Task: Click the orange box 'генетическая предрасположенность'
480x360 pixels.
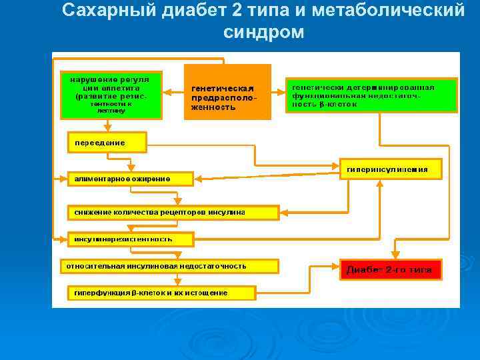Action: [x=227, y=92]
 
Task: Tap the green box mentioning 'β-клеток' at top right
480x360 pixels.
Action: [x=372, y=95]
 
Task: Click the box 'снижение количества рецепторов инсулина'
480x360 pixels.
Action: [x=173, y=213]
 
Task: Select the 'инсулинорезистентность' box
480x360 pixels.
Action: [x=131, y=239]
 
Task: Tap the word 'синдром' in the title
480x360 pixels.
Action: [x=263, y=31]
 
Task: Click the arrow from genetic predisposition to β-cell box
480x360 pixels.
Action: [x=279, y=92]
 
